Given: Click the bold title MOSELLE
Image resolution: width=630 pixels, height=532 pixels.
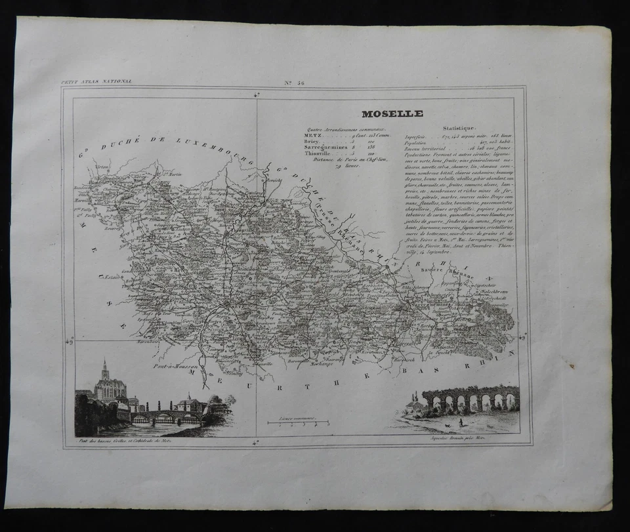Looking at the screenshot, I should pyautogui.click(x=392, y=113).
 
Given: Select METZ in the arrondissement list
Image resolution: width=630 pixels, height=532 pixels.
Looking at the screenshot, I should pyautogui.click(x=313, y=136).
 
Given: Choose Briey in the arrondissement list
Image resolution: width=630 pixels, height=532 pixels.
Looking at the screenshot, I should pyautogui.click(x=312, y=142).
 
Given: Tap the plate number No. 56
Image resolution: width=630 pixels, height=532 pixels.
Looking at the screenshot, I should pyautogui.click(x=295, y=81).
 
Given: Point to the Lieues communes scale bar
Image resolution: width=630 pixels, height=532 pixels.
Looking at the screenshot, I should pyautogui.click(x=299, y=423).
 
